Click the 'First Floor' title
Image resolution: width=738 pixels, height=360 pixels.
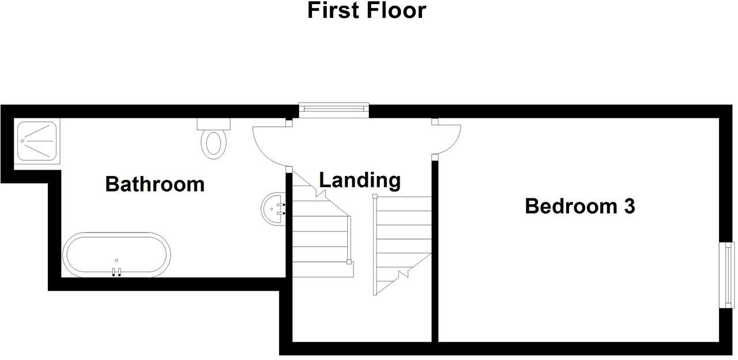coord(367,10)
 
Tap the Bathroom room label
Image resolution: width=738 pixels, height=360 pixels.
coord(155,184)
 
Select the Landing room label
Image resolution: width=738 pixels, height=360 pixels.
coord(360,180)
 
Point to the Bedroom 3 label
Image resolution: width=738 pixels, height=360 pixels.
coord(579,206)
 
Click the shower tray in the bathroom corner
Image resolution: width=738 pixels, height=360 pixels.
coord(37,141)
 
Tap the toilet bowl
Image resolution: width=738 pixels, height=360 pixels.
coord(213,144)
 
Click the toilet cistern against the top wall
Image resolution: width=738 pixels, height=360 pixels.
coord(213,123)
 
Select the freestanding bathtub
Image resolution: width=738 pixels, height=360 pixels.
coord(116,255)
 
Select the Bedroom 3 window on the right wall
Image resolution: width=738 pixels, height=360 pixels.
coord(728,275)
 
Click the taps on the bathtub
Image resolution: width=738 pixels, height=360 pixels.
coord(116,272)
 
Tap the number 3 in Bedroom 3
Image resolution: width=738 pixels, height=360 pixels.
coord(628,206)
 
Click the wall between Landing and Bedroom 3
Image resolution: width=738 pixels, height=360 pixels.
coord(435,254)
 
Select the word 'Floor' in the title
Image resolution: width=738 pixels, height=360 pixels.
coord(397,10)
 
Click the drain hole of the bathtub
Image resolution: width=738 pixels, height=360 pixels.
coord(116,260)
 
